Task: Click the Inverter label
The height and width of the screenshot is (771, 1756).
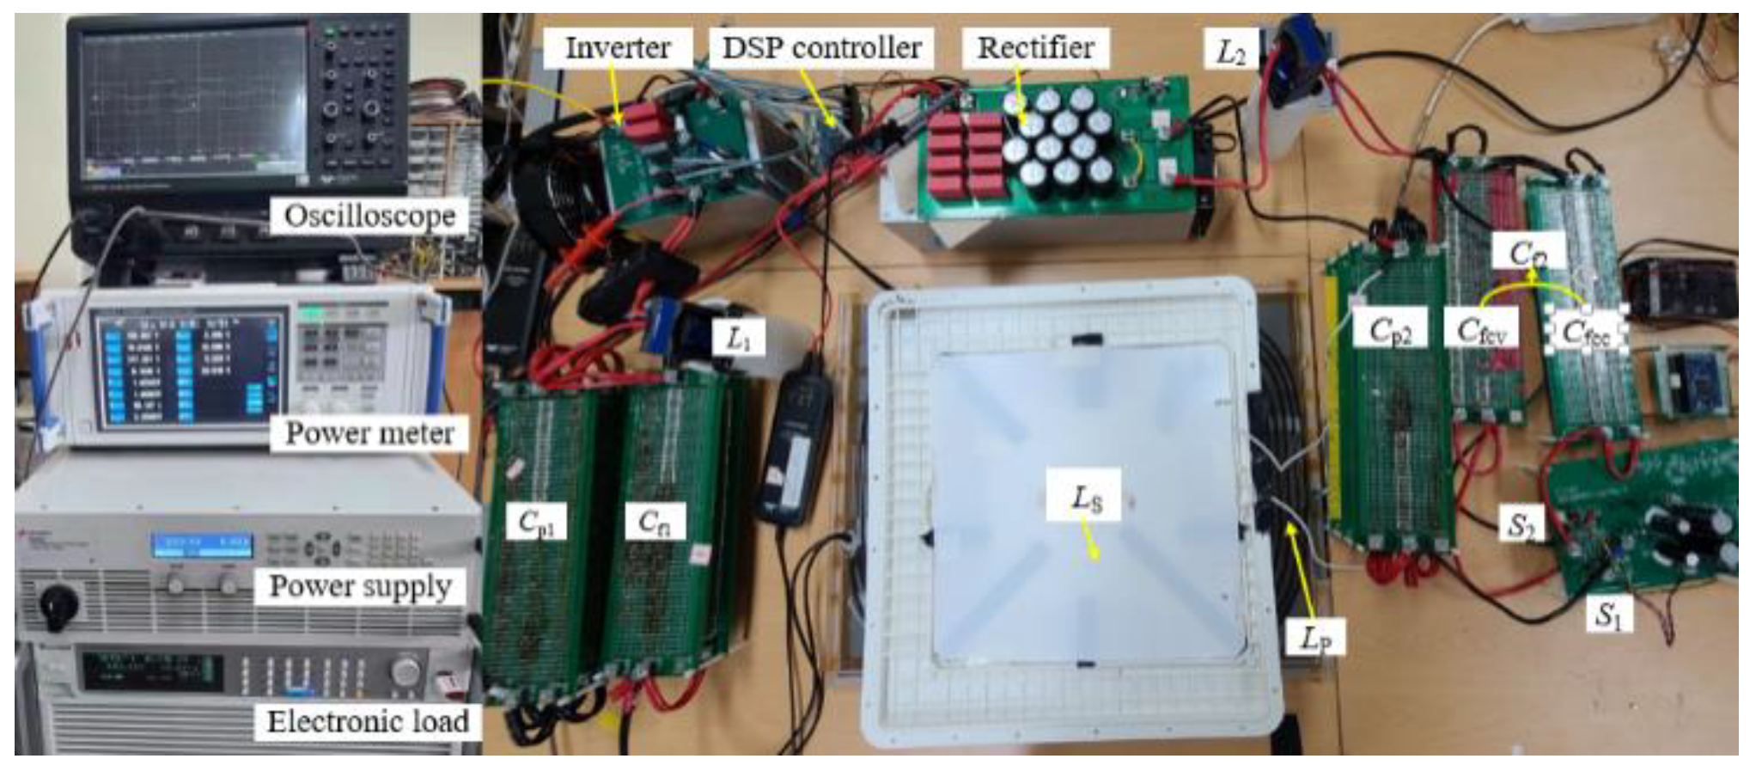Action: click(617, 48)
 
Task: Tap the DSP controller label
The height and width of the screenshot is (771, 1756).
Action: click(821, 48)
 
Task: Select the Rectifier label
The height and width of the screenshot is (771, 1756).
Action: click(1035, 48)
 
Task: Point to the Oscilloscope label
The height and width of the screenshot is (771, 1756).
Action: click(369, 216)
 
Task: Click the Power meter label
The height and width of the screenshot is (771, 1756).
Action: click(369, 432)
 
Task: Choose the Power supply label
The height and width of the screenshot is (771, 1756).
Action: click(360, 586)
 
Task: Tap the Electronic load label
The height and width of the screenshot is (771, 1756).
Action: click(368, 721)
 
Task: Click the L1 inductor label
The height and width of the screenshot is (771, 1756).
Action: click(739, 339)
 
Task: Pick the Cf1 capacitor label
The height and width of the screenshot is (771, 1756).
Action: click(661, 522)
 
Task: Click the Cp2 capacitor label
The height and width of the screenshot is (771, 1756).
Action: click(1390, 330)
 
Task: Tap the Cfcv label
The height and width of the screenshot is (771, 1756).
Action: click(1481, 330)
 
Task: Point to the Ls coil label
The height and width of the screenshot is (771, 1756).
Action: click(1085, 497)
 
